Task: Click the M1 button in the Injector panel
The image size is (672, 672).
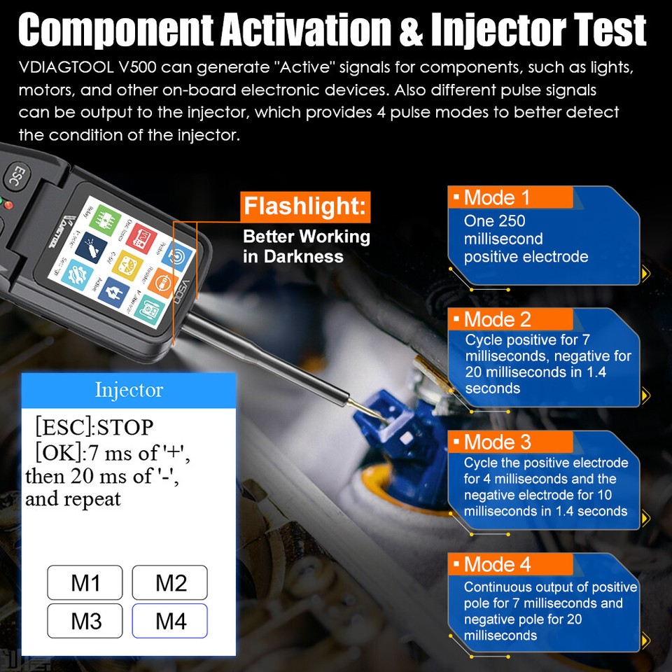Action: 85,582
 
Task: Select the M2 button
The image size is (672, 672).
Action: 170,582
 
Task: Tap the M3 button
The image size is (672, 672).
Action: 85,620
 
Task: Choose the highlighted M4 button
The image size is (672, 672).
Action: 170,620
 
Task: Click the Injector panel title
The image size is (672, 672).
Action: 129,390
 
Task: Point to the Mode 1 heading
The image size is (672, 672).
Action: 497,197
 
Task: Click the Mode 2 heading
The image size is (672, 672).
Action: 497,320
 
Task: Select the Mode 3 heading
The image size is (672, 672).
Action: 497,442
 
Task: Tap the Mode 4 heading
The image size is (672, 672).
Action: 497,564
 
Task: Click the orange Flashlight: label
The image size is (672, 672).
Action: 305,207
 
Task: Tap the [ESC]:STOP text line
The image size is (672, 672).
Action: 94,426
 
